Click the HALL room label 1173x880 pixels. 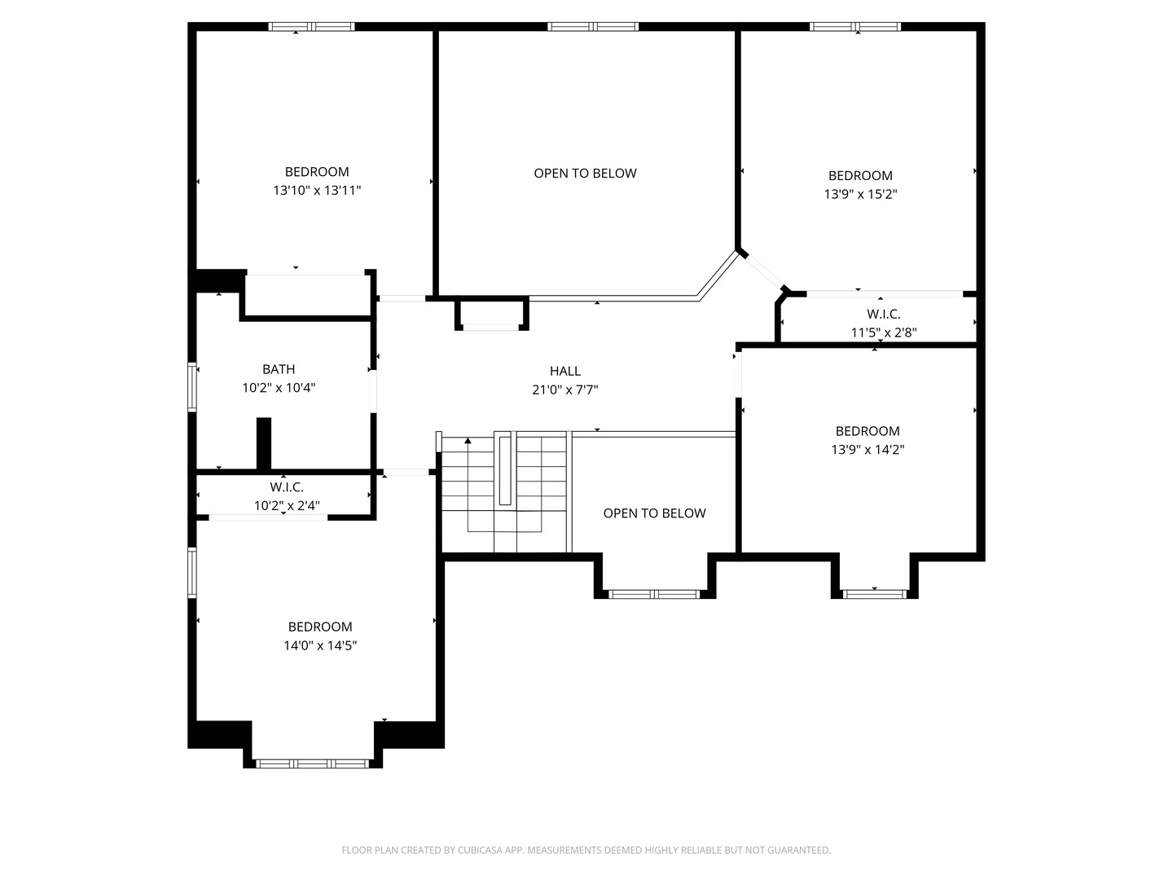point(565,371)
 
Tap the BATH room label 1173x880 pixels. point(279,369)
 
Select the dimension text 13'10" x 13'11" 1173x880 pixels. point(317,191)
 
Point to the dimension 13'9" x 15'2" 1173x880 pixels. point(860,194)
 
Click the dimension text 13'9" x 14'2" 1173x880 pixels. point(868,450)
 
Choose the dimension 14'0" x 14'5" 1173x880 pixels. point(320,645)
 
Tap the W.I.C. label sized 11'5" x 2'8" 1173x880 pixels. point(884,314)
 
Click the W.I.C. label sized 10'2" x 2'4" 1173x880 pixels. point(287,487)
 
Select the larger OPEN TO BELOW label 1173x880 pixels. point(585,173)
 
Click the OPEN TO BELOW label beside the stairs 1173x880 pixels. point(654,513)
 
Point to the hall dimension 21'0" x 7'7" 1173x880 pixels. point(565,389)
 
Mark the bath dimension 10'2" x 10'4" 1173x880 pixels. point(279,388)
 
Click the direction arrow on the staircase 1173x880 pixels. point(468,442)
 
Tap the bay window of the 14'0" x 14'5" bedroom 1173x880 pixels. point(313,763)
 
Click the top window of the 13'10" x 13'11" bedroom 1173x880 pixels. point(312,27)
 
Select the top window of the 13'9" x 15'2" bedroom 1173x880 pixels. point(855,27)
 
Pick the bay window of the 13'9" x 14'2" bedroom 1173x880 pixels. point(874,594)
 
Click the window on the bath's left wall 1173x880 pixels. point(193,387)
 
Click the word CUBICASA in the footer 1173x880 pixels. point(491,850)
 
